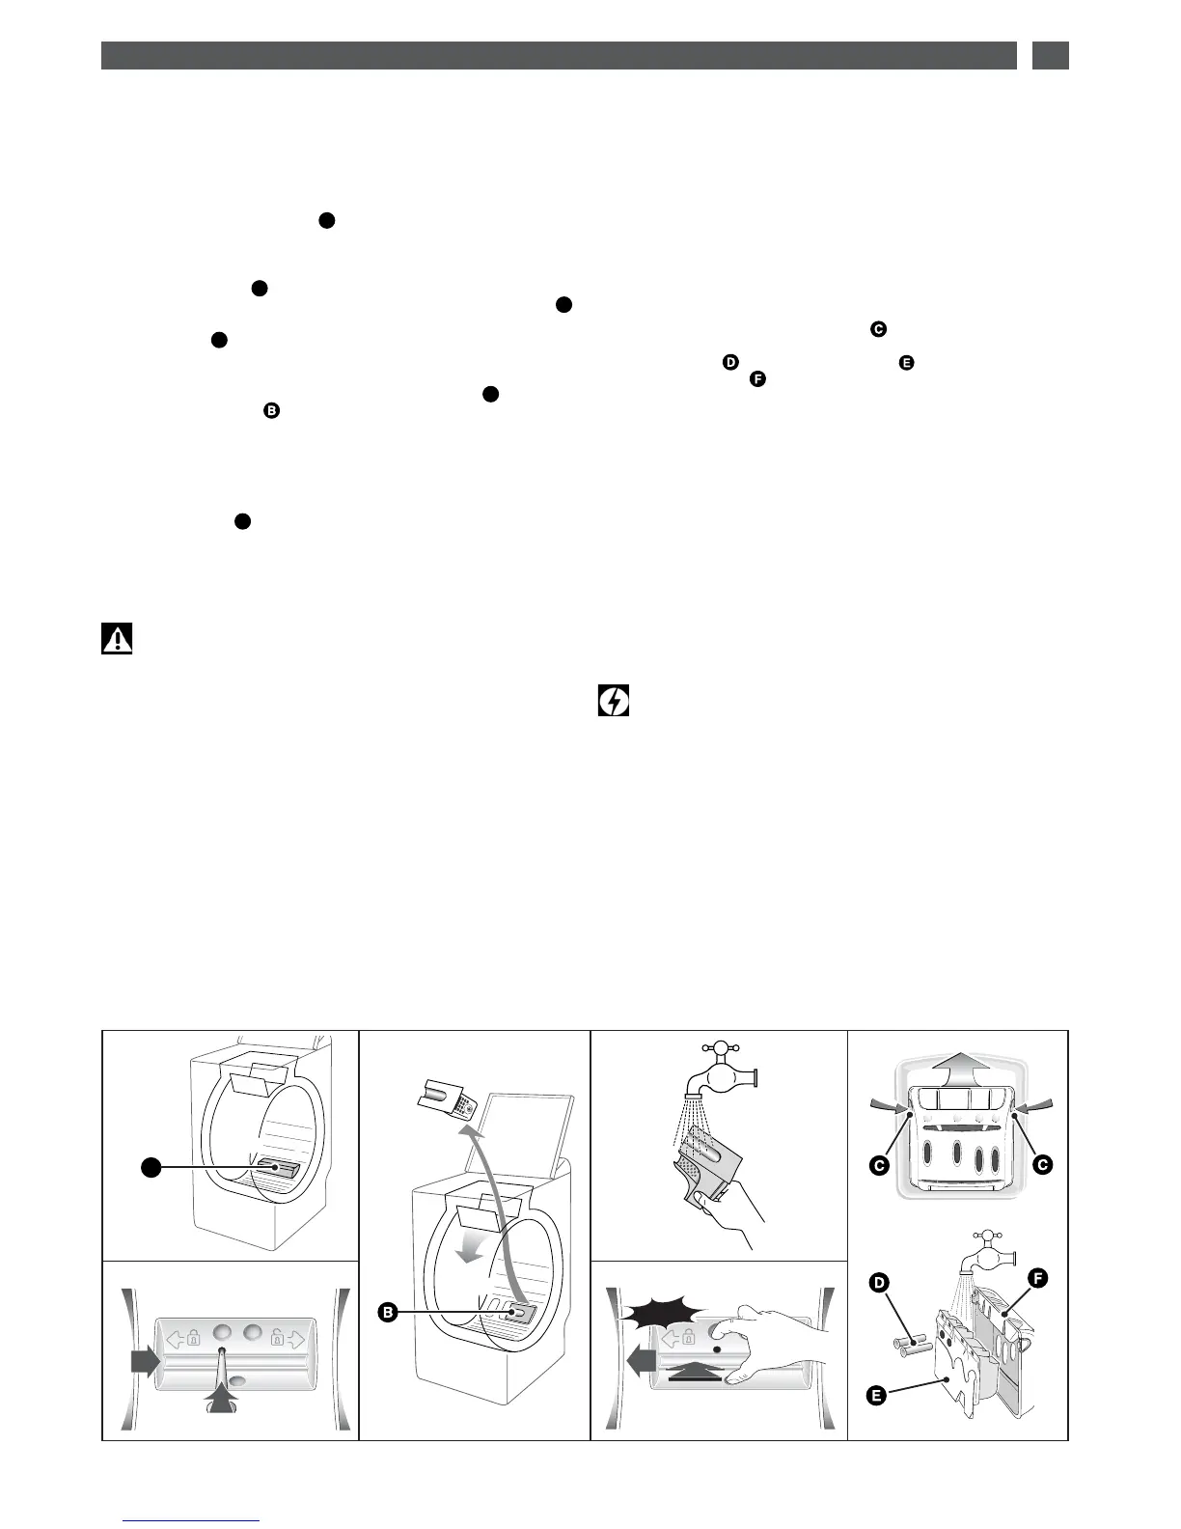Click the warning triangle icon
pos(117,639)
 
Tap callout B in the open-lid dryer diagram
pos(388,1312)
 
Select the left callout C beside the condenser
pos(879,1165)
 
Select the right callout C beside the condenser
pos(1041,1165)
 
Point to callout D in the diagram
pos(879,1283)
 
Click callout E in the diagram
pos(876,1395)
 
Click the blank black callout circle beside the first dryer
pos(150,1168)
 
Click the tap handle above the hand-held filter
pos(718,1049)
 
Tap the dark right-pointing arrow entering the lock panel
pos(144,1362)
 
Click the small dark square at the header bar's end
pos(1050,55)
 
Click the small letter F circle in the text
pos(757,379)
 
